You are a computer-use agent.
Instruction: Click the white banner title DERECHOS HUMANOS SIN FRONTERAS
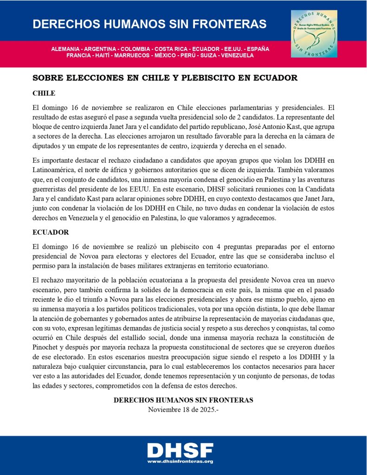(149, 24)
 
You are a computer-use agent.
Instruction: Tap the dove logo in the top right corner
(314, 34)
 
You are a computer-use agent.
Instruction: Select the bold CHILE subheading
(44, 93)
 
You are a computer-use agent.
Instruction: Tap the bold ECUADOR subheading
(51, 232)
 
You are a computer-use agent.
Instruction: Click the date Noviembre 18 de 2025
(183, 410)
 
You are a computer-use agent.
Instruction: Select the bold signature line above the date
(183, 400)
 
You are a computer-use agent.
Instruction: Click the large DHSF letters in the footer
(180, 449)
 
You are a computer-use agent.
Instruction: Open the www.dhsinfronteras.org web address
(180, 461)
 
